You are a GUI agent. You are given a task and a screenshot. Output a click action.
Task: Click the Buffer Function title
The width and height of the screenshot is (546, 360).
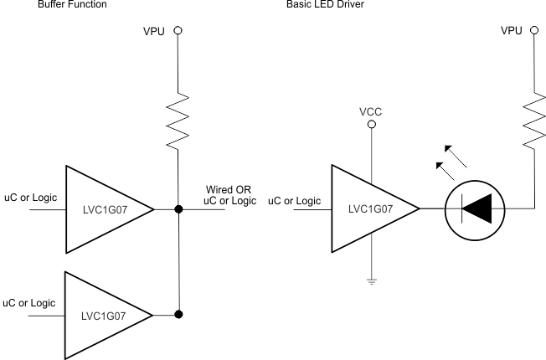[x=71, y=4]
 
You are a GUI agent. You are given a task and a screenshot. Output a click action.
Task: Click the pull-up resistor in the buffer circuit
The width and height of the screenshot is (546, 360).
[x=178, y=118]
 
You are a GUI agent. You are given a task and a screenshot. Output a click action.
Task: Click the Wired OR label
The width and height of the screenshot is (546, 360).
[x=228, y=190]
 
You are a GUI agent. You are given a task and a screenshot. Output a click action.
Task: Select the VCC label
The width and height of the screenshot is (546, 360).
[x=371, y=110]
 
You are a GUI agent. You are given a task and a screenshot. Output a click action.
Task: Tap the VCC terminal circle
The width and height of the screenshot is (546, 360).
[x=372, y=124]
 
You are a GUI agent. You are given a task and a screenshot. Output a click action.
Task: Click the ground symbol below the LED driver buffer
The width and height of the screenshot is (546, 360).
[x=372, y=282]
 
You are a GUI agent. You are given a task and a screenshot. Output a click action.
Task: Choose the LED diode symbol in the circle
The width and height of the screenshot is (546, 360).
[x=476, y=208]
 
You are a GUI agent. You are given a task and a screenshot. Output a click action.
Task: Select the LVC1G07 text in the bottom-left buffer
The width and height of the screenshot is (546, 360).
[x=103, y=316]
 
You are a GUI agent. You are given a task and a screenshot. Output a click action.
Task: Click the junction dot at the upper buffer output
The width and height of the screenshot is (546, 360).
[x=178, y=208]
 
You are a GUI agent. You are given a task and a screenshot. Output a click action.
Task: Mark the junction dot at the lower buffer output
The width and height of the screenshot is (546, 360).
[x=178, y=315]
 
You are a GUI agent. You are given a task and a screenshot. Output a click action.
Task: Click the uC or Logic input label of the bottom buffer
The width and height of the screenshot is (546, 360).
[x=29, y=302]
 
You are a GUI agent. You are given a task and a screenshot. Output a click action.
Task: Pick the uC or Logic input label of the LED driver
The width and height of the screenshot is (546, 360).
[x=294, y=201]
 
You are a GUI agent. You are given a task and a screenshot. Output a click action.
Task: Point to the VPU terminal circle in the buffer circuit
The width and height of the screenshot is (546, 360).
[x=178, y=30]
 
